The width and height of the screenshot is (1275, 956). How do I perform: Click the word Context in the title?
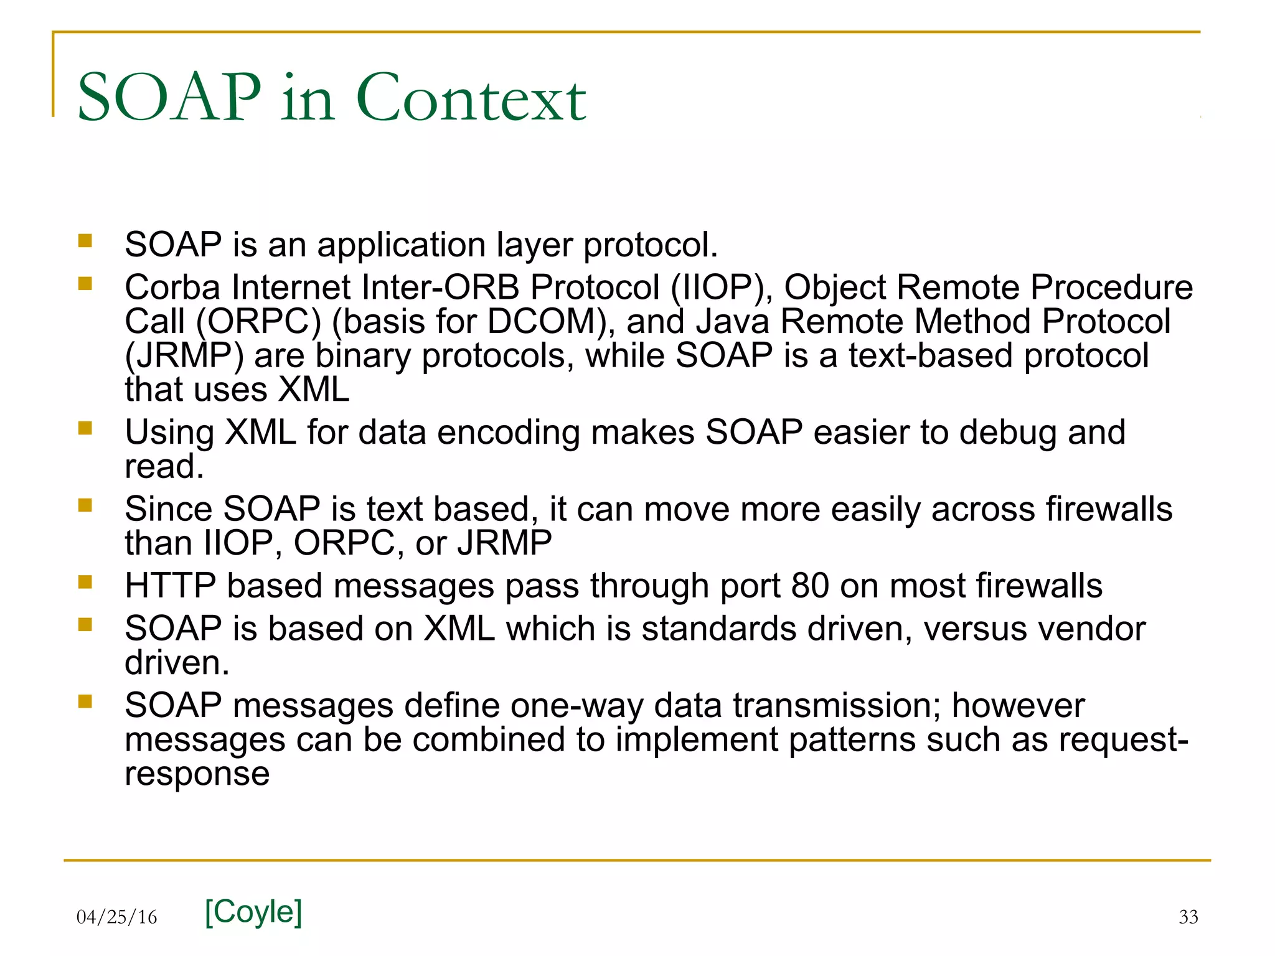[x=471, y=98]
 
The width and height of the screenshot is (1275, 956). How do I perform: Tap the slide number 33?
[x=1188, y=916]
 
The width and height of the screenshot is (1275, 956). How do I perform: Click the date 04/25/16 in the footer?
[x=116, y=917]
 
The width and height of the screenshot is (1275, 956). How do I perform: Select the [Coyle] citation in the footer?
[x=253, y=912]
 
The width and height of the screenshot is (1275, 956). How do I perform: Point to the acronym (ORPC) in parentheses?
[x=258, y=322]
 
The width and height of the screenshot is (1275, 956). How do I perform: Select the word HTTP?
[x=170, y=586]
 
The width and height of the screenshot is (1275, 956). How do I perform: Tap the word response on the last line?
[x=197, y=774]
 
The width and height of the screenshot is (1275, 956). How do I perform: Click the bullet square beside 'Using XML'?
[x=85, y=428]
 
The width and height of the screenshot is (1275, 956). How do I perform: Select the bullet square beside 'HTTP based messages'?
[x=85, y=582]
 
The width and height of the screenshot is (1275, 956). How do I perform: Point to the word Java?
[x=732, y=322]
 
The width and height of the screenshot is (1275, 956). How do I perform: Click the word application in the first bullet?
[x=402, y=245]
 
